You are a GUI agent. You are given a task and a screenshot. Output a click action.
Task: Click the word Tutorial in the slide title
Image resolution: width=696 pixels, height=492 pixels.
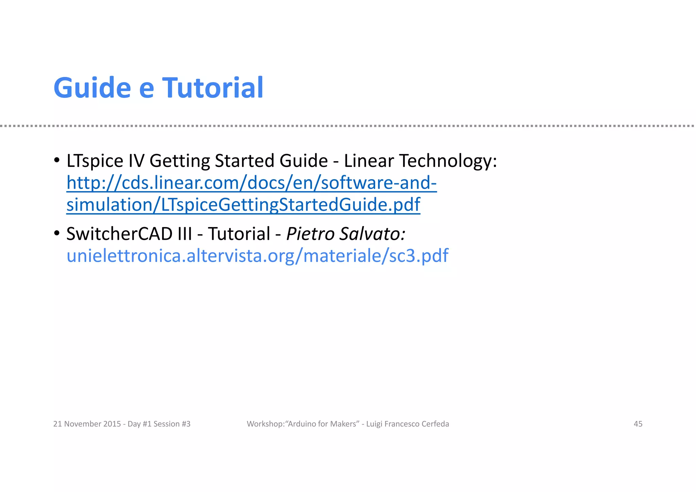[213, 88]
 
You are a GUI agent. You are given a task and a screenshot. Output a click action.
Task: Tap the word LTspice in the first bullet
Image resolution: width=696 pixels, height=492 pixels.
[95, 160]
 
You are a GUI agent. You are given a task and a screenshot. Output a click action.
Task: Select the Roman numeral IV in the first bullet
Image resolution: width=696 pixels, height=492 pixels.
[136, 160]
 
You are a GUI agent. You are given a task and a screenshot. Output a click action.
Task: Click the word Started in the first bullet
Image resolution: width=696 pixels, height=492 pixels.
[244, 160]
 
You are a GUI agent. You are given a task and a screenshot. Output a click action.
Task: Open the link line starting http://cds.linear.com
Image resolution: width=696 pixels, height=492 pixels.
[251, 183]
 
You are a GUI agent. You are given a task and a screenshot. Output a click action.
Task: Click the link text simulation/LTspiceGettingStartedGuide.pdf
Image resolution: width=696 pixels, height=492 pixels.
[243, 205]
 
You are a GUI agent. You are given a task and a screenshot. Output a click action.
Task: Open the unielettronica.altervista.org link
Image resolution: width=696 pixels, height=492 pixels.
[257, 256]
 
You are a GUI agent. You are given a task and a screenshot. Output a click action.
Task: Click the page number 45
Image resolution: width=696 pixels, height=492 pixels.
[638, 424]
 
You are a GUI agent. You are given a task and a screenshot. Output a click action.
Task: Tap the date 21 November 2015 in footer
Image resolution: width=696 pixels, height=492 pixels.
[87, 424]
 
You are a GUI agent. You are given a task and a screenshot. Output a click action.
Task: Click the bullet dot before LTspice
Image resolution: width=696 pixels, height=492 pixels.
[57, 160]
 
